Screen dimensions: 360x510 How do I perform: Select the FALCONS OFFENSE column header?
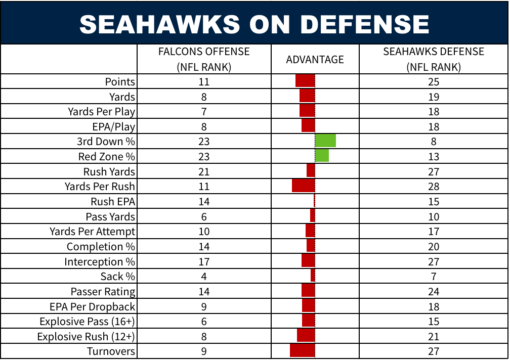(x=204, y=59)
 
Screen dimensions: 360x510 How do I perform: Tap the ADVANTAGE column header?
(x=315, y=60)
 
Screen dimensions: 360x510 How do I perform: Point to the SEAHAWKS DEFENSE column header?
(x=433, y=59)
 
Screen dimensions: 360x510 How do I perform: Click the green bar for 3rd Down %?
(x=325, y=141)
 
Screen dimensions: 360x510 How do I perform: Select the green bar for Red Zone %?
(x=322, y=156)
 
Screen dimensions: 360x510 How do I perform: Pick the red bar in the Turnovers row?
(x=302, y=351)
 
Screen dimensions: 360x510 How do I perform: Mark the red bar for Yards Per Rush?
(x=303, y=186)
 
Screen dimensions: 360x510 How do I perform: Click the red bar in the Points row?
(x=305, y=81)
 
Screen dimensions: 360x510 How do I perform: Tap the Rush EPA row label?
(x=113, y=201)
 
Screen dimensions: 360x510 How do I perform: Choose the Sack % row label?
(x=118, y=277)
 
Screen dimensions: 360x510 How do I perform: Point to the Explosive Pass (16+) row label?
(x=88, y=322)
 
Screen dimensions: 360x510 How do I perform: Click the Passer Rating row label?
(x=103, y=292)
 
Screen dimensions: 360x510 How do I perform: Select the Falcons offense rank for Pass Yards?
(x=204, y=216)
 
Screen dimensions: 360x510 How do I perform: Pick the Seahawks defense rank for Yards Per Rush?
(x=433, y=187)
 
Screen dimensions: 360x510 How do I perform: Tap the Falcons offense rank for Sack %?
(x=204, y=277)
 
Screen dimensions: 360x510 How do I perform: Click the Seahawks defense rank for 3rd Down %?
(x=434, y=142)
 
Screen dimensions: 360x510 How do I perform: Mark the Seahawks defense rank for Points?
(x=433, y=82)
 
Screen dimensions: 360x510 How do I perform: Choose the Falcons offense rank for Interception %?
(x=204, y=262)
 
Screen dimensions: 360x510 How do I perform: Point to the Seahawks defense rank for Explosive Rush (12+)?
(x=433, y=337)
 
